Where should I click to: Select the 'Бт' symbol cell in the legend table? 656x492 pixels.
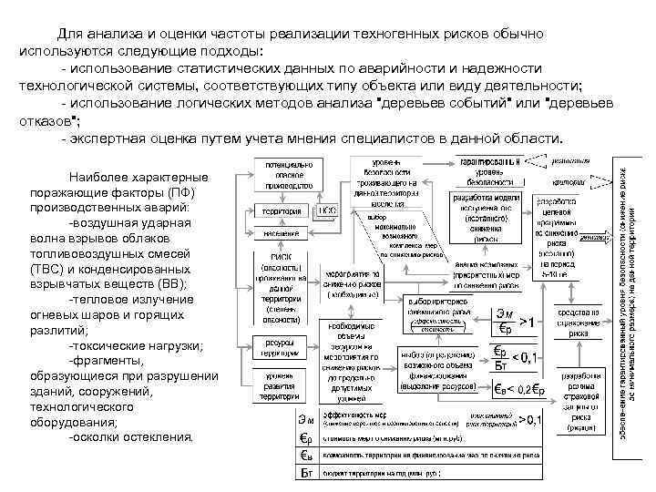tap(308, 475)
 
